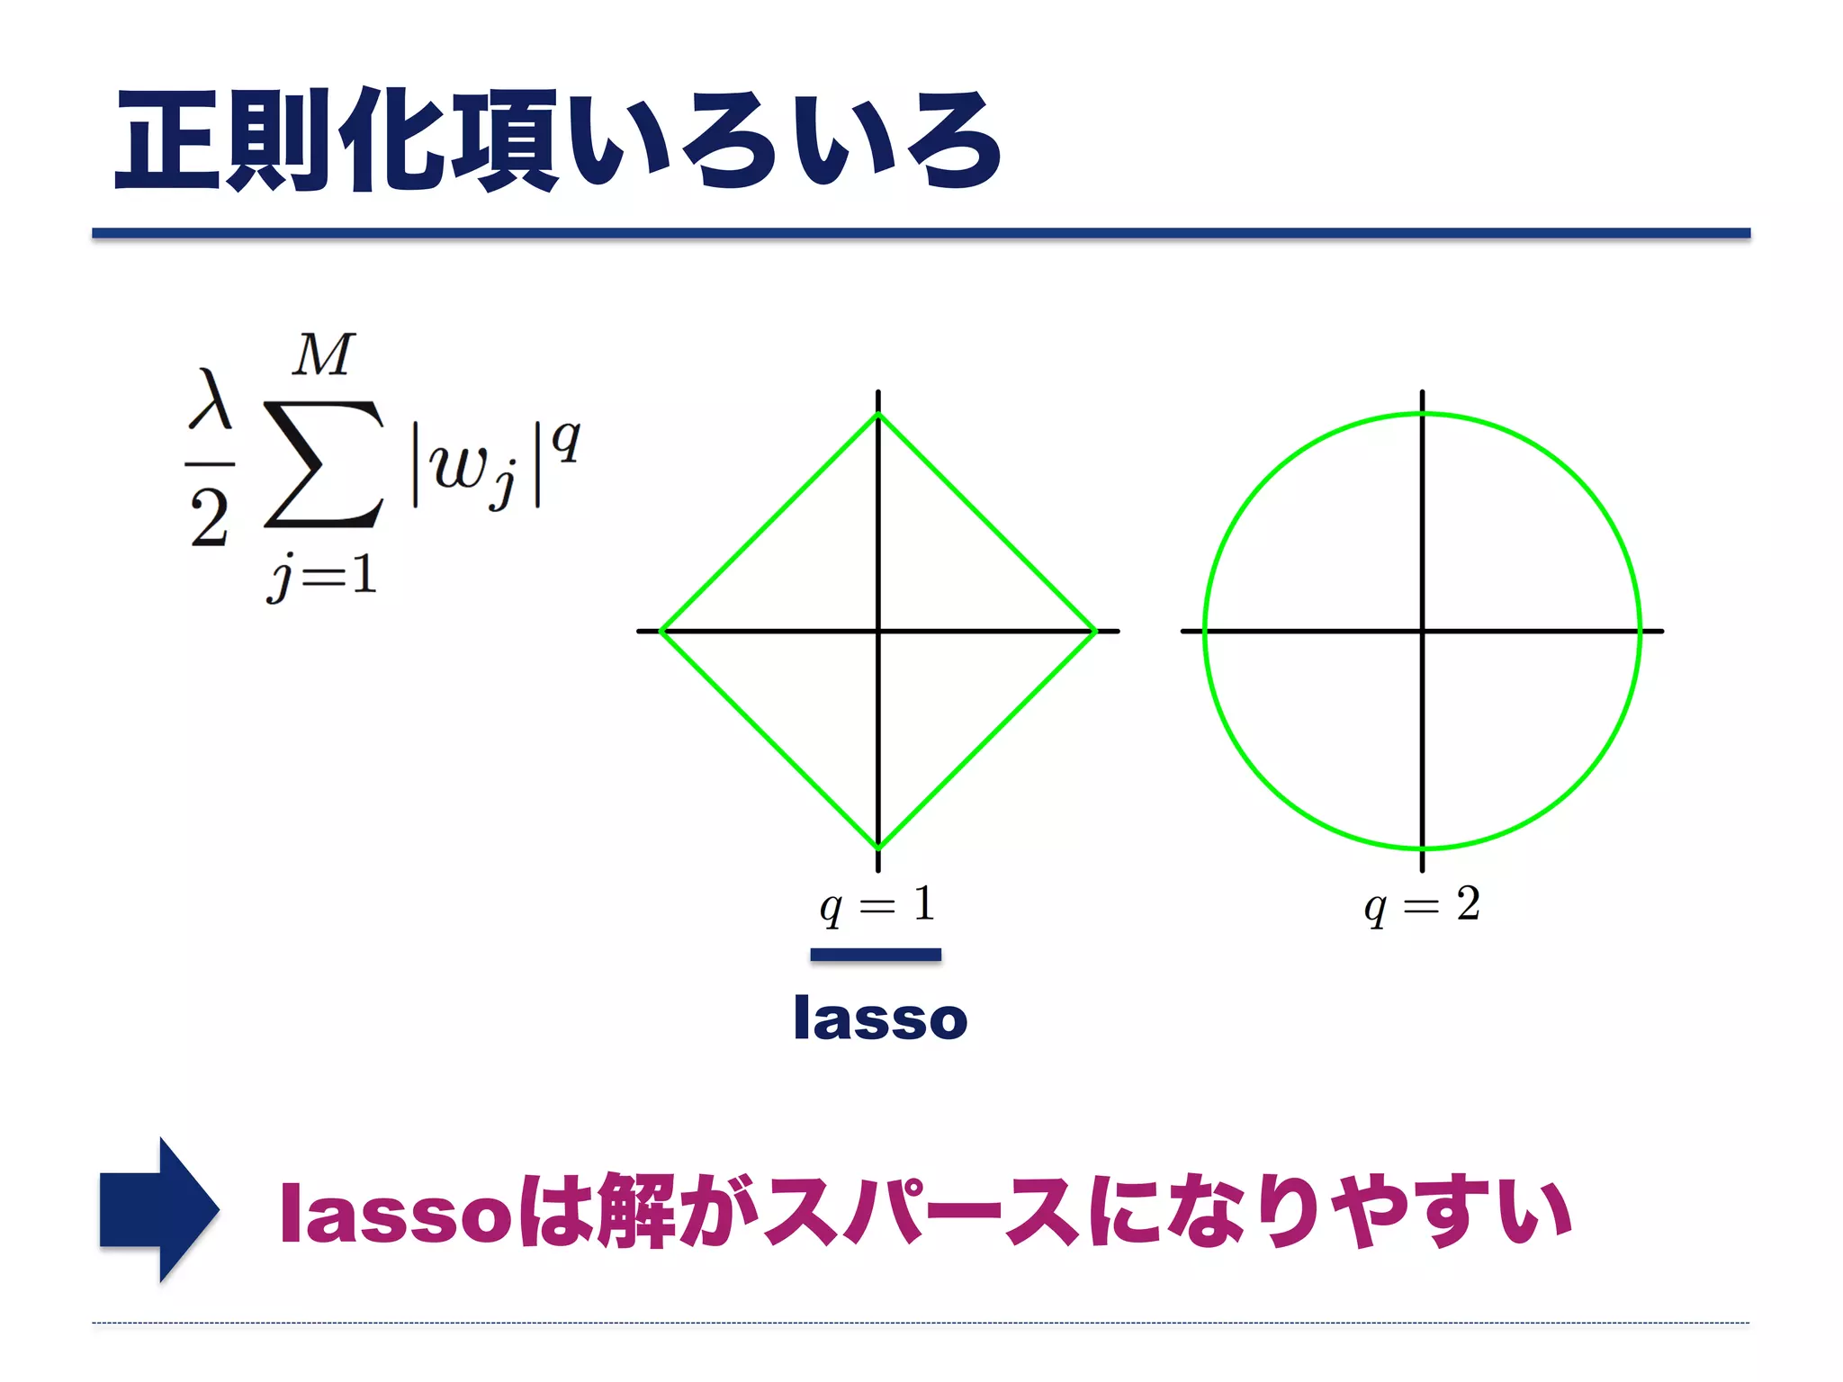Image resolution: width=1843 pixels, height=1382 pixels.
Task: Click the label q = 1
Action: [x=877, y=904]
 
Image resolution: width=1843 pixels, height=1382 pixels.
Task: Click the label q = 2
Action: [x=1422, y=904]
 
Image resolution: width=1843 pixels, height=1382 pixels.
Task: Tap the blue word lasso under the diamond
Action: [x=880, y=1019]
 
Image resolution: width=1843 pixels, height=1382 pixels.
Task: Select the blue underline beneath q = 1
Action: [x=876, y=955]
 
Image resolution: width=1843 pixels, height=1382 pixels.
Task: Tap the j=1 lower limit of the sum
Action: [x=321, y=576]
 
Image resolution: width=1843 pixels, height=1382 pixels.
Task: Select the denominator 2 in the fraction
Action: [x=210, y=518]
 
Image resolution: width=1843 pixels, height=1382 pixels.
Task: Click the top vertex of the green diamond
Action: [x=878, y=415]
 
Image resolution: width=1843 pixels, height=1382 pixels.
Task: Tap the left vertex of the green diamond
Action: [x=661, y=631]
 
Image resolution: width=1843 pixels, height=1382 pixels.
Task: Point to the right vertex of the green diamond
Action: [x=1095, y=631]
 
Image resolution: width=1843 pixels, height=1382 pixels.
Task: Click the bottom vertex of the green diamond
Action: [x=878, y=848]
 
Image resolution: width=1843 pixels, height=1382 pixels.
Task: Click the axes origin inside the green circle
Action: [x=1423, y=631]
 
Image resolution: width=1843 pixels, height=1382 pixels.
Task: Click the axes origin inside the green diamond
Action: [x=878, y=631]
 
